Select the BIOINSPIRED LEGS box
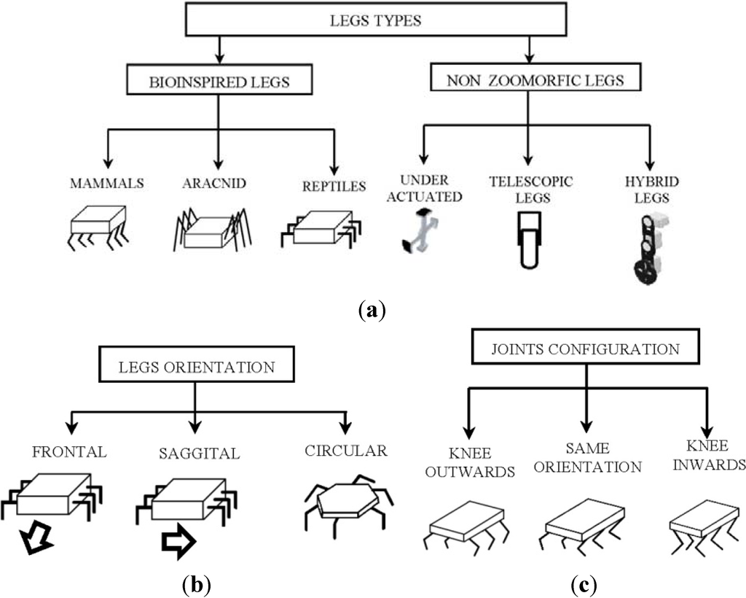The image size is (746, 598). click(220, 82)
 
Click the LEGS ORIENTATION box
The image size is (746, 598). click(196, 366)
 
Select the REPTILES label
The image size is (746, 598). click(334, 186)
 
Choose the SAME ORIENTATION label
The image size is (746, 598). click(588, 458)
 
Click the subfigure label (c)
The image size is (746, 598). click(587, 583)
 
